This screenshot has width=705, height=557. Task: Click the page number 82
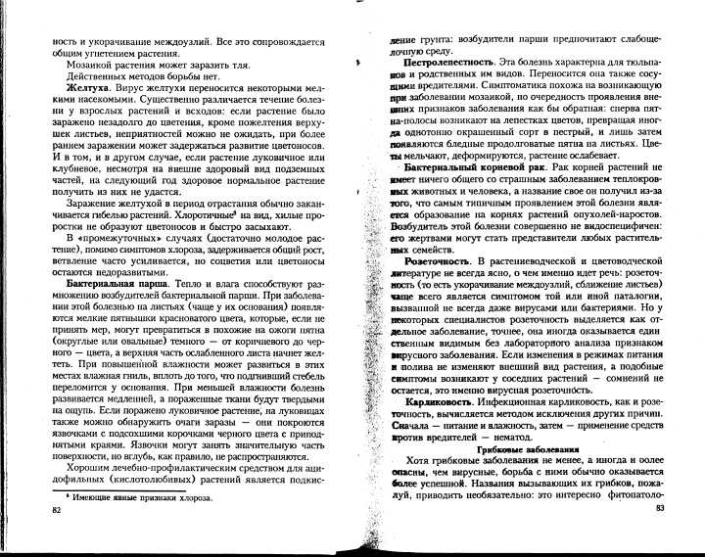pyautogui.click(x=57, y=510)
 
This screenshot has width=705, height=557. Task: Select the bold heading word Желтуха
pyautogui.click(x=74, y=87)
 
